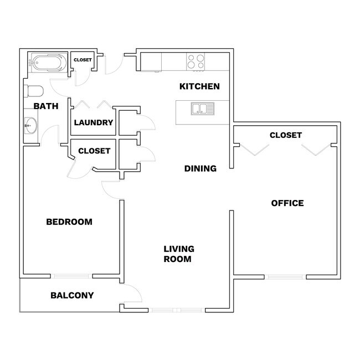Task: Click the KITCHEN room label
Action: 199,86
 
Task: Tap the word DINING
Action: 200,168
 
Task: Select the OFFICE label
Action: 287,203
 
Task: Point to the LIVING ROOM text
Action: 178,254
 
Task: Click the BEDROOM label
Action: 69,222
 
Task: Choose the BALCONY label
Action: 72,295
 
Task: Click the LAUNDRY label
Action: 93,123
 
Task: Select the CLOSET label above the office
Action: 285,135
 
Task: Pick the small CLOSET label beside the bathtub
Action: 83,60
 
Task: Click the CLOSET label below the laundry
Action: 94,151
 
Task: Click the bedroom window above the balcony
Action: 73,276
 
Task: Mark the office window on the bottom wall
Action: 286,276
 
